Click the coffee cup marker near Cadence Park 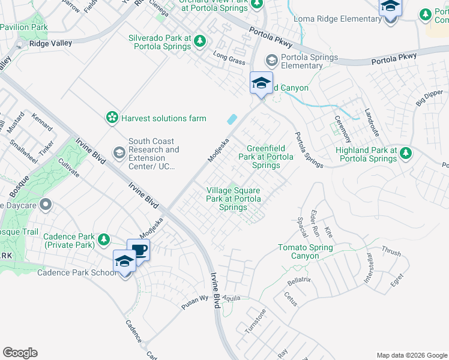pos(138,251)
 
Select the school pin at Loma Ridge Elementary pos(390,8)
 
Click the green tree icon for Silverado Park pos(200,41)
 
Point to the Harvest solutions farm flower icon pos(112,118)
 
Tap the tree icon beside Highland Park pos(406,154)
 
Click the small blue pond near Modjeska pos(231,119)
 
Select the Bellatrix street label pos(299,280)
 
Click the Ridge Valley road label pos(51,43)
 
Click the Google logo pos(20,353)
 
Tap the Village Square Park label pos(234,199)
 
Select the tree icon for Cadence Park pos(104,240)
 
